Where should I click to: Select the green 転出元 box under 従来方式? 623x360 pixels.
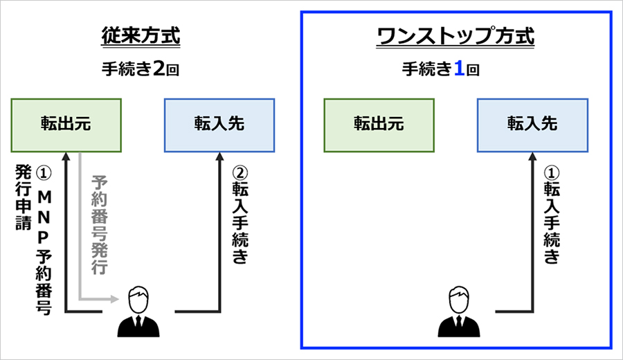point(66,125)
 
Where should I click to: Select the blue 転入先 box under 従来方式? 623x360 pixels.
point(219,125)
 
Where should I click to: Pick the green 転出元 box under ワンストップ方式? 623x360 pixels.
point(379,125)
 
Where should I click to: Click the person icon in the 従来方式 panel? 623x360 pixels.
point(138,312)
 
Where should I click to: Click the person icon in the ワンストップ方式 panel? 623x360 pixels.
point(457,312)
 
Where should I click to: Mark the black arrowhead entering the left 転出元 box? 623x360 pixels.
point(66,157)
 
